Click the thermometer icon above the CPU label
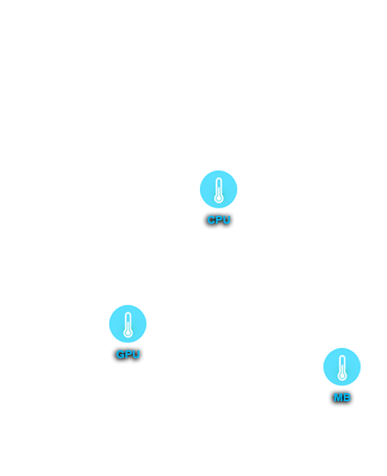pyautogui.click(x=218, y=189)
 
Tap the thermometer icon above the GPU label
pyautogui.click(x=127, y=324)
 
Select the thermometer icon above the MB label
pyautogui.click(x=342, y=367)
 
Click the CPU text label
pyautogui.click(x=219, y=220)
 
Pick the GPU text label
pyautogui.click(x=127, y=354)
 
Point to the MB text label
pyautogui.click(x=342, y=397)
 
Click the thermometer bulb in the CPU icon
pyautogui.click(x=218, y=198)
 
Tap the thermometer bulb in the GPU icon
pyautogui.click(x=128, y=333)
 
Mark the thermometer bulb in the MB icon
pyautogui.click(x=342, y=377)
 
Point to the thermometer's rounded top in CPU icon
pyautogui.click(x=218, y=179)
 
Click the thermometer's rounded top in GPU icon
pyautogui.click(x=128, y=314)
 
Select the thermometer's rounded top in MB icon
pyautogui.click(x=342, y=357)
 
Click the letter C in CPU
pyautogui.click(x=212, y=220)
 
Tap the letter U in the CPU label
pyautogui.click(x=226, y=220)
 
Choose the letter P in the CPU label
pyautogui.click(x=219, y=220)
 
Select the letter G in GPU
pyautogui.click(x=120, y=354)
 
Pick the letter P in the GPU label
pyautogui.click(x=128, y=354)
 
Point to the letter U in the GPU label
pyautogui.click(x=135, y=354)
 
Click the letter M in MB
pyautogui.click(x=338, y=397)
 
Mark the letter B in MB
pyautogui.click(x=346, y=397)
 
